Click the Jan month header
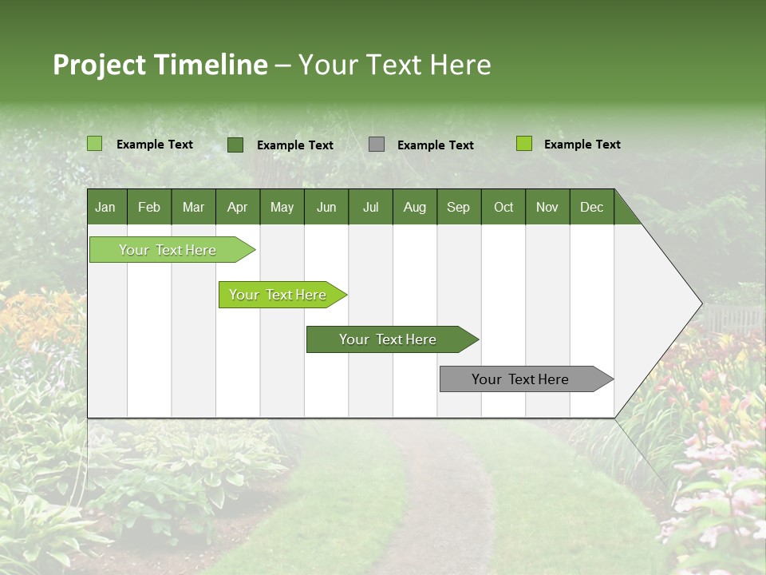click(x=106, y=207)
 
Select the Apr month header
click(x=238, y=207)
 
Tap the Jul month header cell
click(x=370, y=207)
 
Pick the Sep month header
click(x=459, y=207)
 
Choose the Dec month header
click(x=591, y=207)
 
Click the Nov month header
click(x=547, y=207)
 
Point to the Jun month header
click(x=326, y=207)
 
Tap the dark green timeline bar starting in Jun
click(x=389, y=339)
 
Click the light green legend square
click(x=94, y=144)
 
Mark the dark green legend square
click(x=235, y=145)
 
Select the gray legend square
click(x=377, y=145)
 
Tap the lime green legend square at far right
click(x=523, y=144)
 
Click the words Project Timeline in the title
click(x=160, y=65)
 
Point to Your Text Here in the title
click(x=395, y=65)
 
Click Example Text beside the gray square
click(x=435, y=145)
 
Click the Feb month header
click(x=149, y=207)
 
